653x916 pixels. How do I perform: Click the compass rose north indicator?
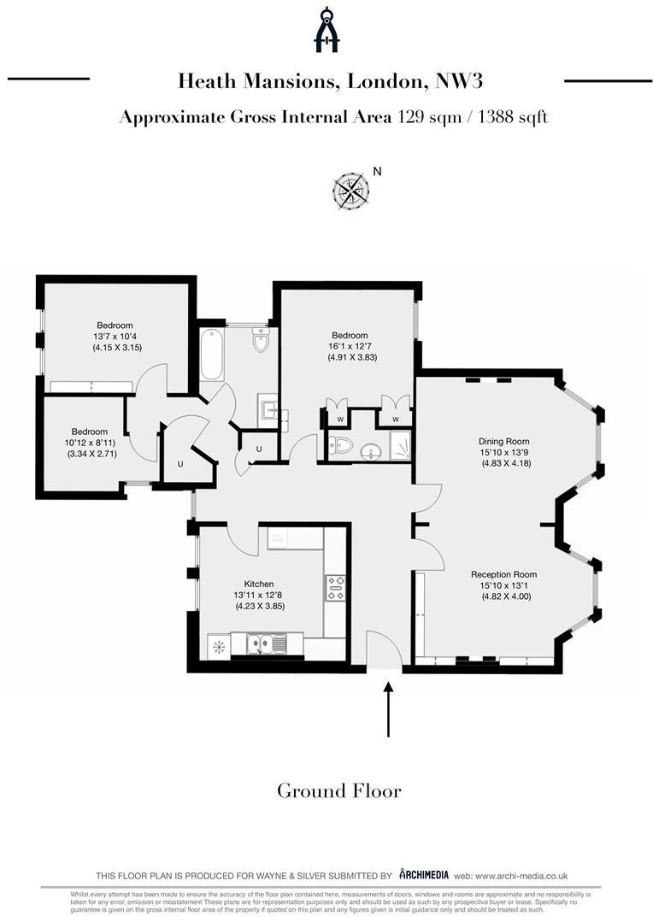pos(350,191)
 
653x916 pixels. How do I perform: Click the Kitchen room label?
pos(258,584)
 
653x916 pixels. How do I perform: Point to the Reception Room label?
pos(503,574)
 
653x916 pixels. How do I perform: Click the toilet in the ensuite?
pos(341,445)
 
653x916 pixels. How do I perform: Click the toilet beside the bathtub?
pos(261,343)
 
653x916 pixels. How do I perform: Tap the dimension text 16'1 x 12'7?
pos(350,346)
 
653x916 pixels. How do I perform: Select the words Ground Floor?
pos(338,790)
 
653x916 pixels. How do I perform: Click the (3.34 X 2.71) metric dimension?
pos(92,454)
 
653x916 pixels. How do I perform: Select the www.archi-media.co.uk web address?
pos(522,876)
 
